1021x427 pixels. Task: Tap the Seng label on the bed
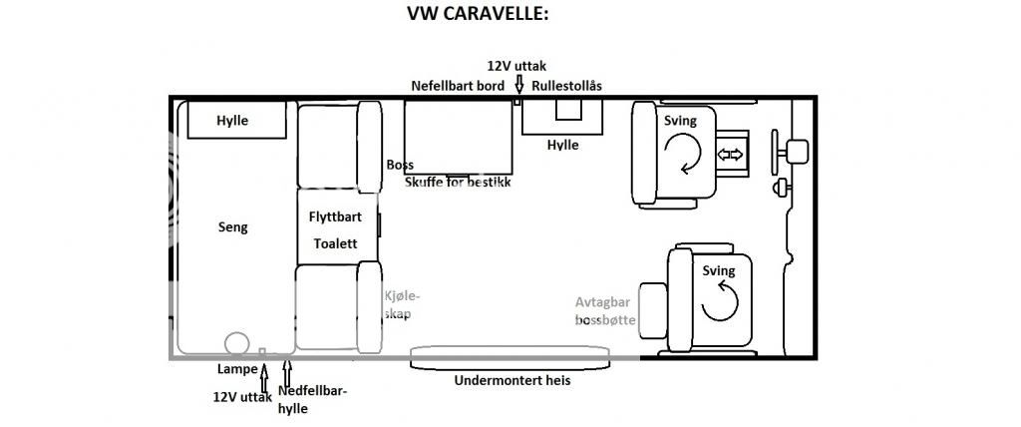(x=232, y=227)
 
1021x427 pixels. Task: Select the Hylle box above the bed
(x=232, y=121)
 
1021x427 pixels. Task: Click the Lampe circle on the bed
(x=237, y=343)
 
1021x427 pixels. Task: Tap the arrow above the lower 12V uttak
(x=264, y=380)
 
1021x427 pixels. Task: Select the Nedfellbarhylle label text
(x=312, y=398)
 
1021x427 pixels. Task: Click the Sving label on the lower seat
(x=718, y=271)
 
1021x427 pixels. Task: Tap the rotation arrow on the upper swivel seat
(x=685, y=155)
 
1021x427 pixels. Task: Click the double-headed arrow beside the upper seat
(x=732, y=155)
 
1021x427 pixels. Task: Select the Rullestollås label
(x=566, y=87)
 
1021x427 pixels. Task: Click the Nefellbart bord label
(x=458, y=87)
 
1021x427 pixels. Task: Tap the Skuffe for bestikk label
(x=458, y=183)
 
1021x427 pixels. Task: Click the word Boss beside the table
(x=399, y=165)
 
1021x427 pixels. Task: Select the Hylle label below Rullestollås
(x=562, y=145)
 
